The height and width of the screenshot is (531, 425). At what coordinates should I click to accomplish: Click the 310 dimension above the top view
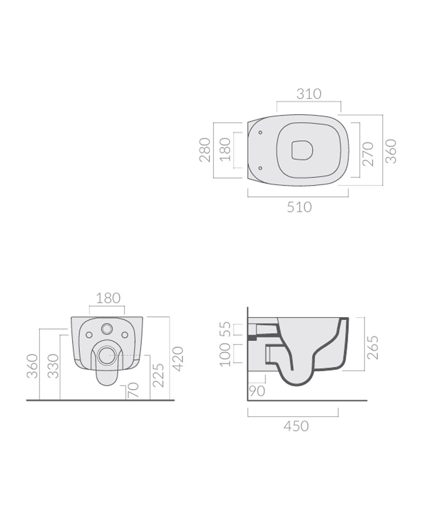pyautogui.click(x=309, y=94)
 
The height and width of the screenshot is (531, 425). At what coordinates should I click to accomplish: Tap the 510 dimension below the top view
pyautogui.click(x=299, y=207)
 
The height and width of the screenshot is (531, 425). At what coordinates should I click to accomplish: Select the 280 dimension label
pyautogui.click(x=205, y=150)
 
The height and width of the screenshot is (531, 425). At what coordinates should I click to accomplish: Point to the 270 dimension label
pyautogui.click(x=368, y=154)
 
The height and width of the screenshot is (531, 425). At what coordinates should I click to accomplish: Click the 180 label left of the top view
pyautogui.click(x=225, y=150)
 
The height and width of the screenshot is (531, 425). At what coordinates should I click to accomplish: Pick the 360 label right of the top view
pyautogui.click(x=391, y=151)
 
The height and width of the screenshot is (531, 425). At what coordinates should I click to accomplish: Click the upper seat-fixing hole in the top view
pyautogui.click(x=260, y=133)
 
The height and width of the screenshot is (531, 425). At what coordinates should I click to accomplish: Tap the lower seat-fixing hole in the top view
pyautogui.click(x=260, y=168)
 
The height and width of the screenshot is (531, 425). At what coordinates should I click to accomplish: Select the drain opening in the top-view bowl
pyautogui.click(x=302, y=150)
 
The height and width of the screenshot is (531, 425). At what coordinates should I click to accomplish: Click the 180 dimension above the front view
pyautogui.click(x=108, y=298)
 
